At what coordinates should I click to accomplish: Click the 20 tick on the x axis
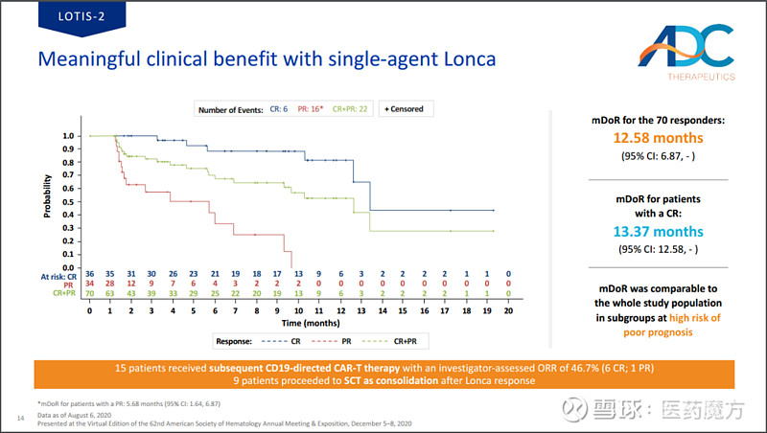[x=508, y=311]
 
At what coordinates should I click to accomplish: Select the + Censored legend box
[x=404, y=109]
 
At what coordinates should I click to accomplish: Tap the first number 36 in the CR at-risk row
[x=89, y=275]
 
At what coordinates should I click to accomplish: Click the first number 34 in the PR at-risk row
[x=89, y=284]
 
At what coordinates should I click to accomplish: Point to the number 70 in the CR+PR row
[x=89, y=292]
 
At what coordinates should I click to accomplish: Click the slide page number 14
[x=21, y=418]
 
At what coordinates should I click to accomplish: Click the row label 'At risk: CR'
[x=58, y=275]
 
